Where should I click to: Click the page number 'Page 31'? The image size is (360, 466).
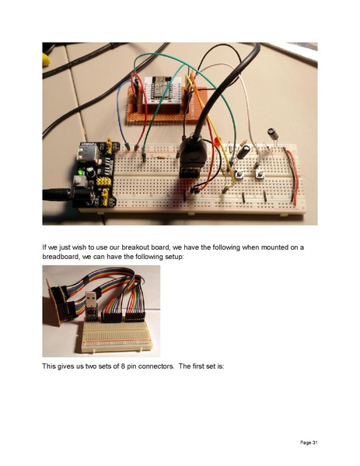[x=309, y=443]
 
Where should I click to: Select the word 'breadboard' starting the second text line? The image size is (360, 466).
[x=63, y=257]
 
